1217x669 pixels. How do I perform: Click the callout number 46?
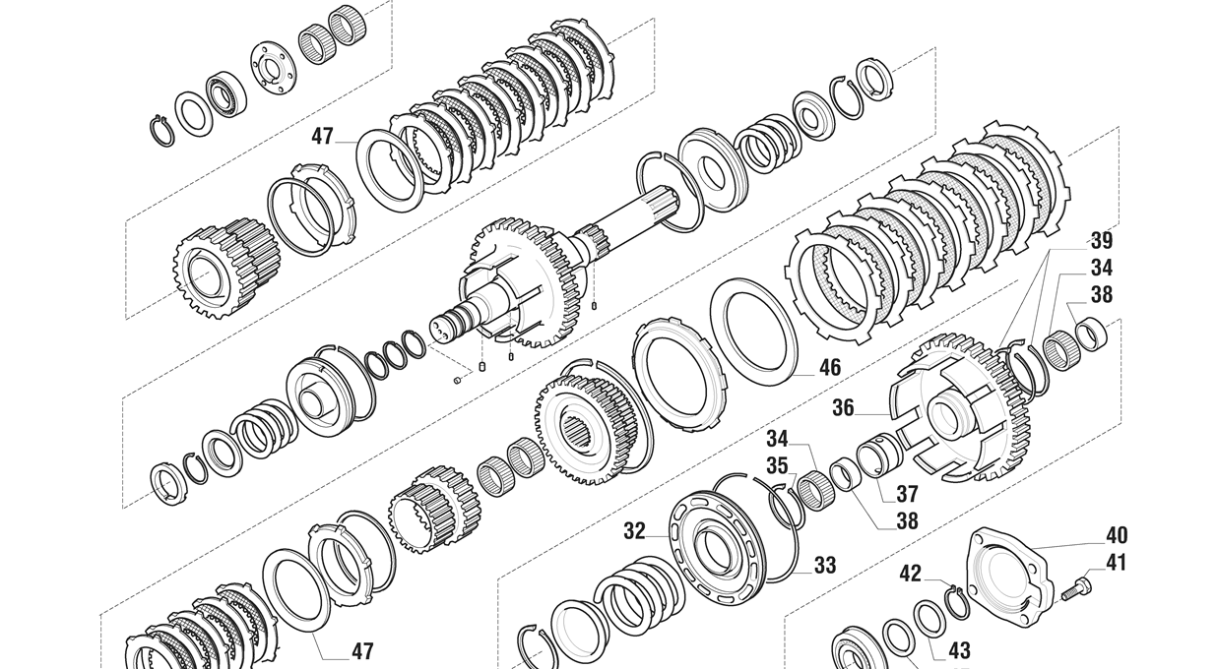(830, 368)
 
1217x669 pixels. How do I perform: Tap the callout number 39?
(1102, 241)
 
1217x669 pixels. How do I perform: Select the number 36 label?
(843, 408)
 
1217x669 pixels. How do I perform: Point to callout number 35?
(777, 466)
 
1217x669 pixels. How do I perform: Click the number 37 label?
(907, 494)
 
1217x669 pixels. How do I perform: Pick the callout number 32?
(634, 531)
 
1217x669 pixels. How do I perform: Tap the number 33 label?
(825, 566)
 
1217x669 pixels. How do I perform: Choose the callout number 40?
(1117, 535)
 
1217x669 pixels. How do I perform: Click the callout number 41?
(1116, 563)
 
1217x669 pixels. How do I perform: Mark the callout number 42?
(910, 574)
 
